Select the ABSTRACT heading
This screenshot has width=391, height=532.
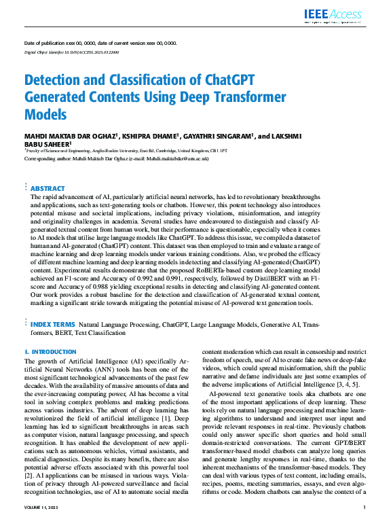[x=48, y=188]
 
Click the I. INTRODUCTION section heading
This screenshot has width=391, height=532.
[x=50, y=351]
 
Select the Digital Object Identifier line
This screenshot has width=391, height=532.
[x=72, y=52]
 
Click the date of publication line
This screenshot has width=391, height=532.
[x=100, y=43]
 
